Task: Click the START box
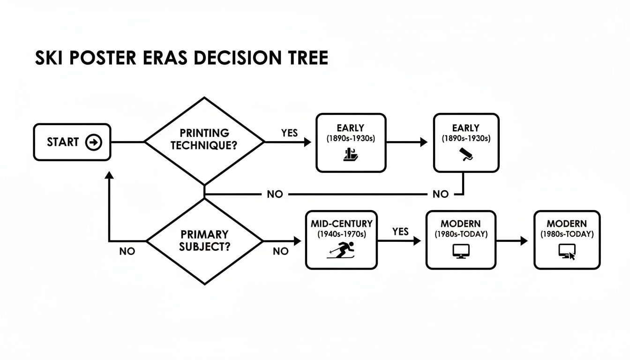tap(72, 142)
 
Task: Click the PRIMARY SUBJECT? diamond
tap(204, 240)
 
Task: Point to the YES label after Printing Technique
tap(290, 133)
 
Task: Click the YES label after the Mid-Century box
tap(400, 231)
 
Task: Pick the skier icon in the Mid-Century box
tap(342, 250)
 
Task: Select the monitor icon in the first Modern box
tap(460, 252)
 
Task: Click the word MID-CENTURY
tap(341, 224)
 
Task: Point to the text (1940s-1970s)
tap(341, 233)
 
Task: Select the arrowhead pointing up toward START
tap(109, 175)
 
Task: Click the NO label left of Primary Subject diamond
tap(127, 251)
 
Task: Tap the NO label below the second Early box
tap(440, 194)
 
